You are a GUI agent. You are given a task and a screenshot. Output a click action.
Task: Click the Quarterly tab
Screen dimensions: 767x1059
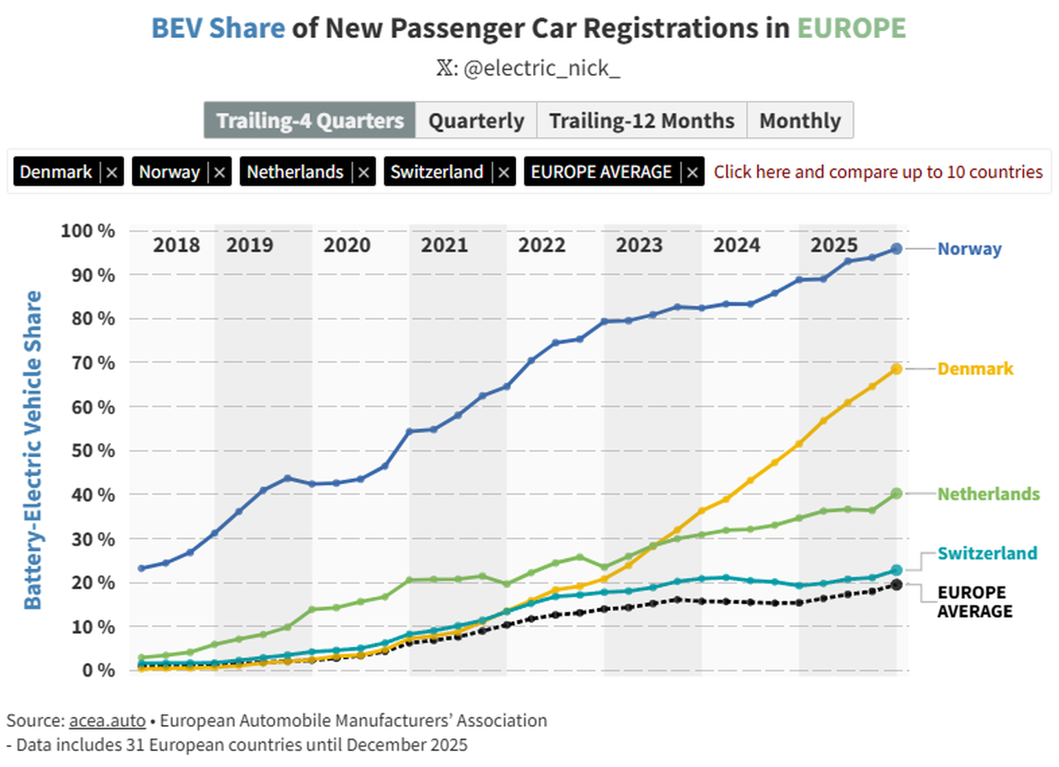[x=476, y=121]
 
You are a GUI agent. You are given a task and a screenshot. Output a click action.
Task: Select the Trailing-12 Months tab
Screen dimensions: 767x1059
[x=641, y=121]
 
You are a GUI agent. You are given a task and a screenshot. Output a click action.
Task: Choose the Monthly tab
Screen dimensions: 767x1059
[x=800, y=121]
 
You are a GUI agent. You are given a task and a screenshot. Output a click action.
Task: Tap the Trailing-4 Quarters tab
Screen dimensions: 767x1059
[x=310, y=121]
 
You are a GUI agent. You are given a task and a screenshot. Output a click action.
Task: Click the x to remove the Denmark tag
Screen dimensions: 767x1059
[x=112, y=172]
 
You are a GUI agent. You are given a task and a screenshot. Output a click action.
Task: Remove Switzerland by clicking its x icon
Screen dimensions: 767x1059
[x=504, y=172]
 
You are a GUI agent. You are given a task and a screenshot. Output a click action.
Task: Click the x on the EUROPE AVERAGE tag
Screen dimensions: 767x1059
[x=692, y=172]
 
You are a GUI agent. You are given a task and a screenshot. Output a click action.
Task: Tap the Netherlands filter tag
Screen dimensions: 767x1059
[x=295, y=172]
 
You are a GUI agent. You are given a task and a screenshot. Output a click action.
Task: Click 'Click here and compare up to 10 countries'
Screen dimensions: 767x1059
[x=878, y=172]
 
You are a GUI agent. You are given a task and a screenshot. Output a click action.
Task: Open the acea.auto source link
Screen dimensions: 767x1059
[x=107, y=721]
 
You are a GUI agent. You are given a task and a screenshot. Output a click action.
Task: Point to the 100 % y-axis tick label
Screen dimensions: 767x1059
[x=88, y=231]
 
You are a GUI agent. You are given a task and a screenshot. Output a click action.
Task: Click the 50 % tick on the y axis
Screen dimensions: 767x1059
[x=92, y=451]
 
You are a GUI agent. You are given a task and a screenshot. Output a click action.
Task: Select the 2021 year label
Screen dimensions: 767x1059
[x=444, y=246]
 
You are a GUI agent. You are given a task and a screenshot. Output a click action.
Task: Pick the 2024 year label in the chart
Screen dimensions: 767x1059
[x=736, y=246]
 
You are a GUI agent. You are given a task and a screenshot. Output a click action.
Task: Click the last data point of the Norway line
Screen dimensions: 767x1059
[x=896, y=248]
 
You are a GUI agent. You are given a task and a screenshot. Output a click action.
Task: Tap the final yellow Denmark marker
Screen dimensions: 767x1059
[x=896, y=370]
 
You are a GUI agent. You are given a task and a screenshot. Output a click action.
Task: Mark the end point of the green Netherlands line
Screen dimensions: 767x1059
[x=896, y=494]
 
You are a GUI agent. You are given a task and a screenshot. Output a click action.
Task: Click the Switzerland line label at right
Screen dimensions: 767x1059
[x=987, y=553]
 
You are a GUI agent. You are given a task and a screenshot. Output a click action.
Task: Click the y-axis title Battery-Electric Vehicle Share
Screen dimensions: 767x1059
[x=32, y=450]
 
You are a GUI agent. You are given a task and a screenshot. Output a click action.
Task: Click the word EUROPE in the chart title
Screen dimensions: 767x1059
[x=851, y=28]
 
